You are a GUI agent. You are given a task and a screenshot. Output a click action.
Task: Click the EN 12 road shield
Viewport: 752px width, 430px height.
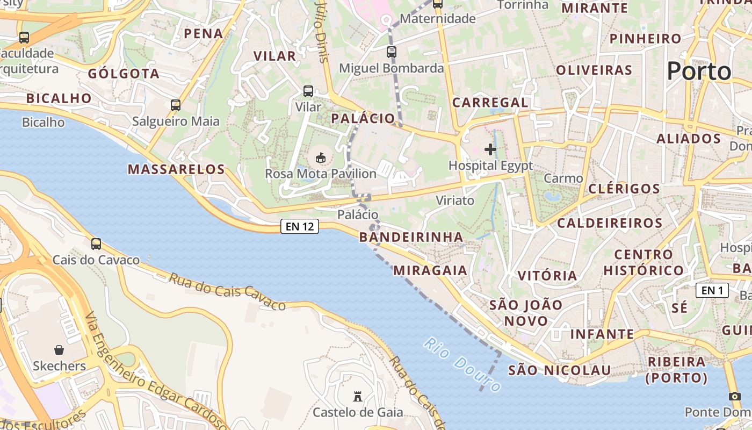pos(300,226)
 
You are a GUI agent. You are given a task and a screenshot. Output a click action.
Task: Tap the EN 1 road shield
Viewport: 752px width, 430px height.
pos(712,290)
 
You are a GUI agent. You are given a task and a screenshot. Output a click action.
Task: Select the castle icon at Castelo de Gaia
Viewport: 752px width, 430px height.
pos(357,397)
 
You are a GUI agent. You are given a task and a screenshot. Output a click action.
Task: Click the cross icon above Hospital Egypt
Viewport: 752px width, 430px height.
pos(490,149)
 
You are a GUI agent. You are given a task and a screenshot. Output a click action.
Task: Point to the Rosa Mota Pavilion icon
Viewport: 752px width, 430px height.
pos(321,157)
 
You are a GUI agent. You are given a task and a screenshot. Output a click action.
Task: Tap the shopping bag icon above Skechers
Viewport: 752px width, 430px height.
pos(59,350)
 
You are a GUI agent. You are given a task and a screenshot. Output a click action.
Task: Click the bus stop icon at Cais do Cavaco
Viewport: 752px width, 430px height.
pos(96,244)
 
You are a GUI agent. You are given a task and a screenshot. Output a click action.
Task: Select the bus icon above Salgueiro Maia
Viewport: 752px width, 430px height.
pos(176,105)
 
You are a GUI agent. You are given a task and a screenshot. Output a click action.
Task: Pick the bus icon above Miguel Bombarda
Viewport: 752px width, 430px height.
pos(392,52)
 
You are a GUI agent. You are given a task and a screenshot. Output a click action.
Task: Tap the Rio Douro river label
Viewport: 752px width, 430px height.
pos(462,364)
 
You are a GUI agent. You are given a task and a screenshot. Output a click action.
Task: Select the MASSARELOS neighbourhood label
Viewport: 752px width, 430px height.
pos(176,169)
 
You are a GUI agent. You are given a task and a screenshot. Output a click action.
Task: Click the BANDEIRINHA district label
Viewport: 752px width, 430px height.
pos(411,237)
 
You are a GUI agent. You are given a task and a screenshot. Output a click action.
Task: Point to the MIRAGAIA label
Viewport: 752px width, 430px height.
pos(430,270)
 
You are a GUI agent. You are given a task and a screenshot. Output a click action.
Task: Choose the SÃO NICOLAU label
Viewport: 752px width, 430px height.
pos(559,370)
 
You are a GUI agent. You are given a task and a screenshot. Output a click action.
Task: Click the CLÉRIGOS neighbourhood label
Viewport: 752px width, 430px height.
pos(624,189)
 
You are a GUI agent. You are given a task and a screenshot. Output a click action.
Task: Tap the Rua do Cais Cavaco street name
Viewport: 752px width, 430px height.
pos(227,291)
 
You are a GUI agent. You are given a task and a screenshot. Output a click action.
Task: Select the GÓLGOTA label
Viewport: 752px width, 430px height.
pos(124,74)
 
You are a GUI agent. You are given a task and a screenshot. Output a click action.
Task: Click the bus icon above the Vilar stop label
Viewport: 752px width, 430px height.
pos(308,91)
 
